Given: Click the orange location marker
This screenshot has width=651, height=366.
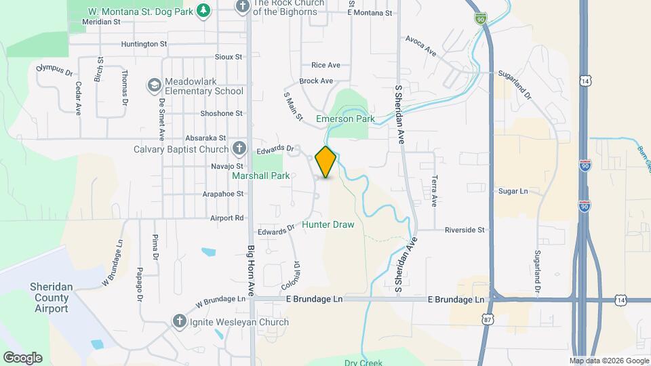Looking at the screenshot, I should tap(326, 161).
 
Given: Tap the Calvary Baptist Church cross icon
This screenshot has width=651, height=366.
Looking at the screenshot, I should tap(239, 148).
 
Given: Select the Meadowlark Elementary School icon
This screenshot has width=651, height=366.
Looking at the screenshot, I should tap(154, 85).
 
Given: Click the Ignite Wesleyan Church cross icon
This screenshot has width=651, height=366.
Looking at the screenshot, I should tap(179, 321).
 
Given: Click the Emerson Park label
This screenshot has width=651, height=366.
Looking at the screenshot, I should tap(346, 119).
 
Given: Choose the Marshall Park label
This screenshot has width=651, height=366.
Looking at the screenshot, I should tap(261, 176).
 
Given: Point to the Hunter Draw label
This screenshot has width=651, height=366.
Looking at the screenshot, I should tap(328, 224).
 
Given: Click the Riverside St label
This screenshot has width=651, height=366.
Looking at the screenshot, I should tap(465, 230).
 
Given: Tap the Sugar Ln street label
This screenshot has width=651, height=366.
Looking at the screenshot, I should tap(513, 192).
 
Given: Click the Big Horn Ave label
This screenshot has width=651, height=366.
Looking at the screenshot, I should tap(250, 270).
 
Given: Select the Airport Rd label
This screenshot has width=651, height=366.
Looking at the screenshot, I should tap(226, 218).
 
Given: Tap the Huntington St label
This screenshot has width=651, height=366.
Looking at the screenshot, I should tap(144, 44).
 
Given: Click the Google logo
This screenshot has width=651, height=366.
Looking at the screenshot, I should tap(22, 357).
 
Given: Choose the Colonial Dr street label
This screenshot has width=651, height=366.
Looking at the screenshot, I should tap(296, 274).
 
